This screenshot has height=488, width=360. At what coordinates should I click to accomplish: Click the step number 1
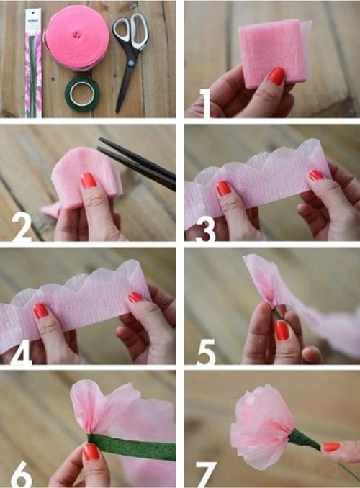[205, 104]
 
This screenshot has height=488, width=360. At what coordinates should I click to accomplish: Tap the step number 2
[22, 227]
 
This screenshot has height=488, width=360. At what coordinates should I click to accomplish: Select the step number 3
[205, 228]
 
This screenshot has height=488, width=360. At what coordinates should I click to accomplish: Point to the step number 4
[22, 351]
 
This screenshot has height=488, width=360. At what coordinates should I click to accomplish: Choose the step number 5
[206, 351]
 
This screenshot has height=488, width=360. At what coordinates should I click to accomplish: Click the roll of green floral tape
[82, 94]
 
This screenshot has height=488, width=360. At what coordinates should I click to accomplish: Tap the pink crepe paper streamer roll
[76, 38]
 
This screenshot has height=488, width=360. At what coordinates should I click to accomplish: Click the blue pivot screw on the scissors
[131, 63]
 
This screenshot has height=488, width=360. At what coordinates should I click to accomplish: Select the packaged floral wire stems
[33, 63]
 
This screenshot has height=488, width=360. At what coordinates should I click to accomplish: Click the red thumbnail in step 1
[276, 76]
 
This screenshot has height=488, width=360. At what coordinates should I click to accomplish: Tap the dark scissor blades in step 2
[137, 164]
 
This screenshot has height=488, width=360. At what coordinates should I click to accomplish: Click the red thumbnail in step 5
[282, 330]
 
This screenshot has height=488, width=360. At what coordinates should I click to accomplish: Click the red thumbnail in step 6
[91, 451]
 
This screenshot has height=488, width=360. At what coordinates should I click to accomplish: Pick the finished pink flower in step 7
[261, 427]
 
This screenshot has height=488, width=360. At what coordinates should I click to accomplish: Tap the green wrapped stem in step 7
[305, 440]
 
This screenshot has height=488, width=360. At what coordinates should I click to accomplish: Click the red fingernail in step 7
[331, 447]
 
